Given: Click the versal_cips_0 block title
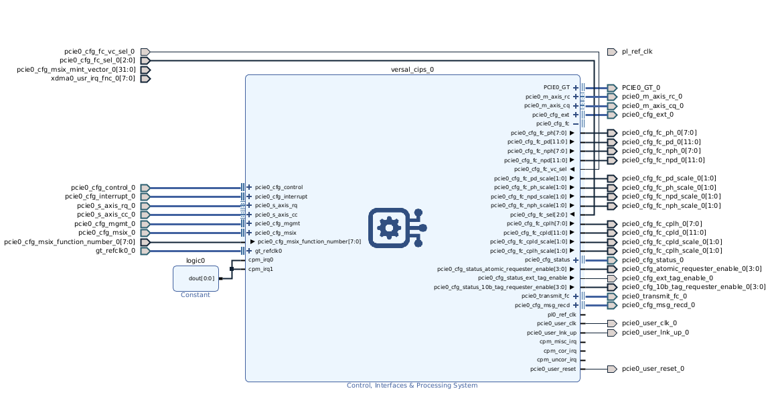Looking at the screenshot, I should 412,70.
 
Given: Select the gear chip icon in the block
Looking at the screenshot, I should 397,227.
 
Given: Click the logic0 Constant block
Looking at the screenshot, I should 196,278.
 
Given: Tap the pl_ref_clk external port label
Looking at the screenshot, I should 637,52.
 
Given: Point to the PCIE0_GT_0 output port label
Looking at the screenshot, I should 640,87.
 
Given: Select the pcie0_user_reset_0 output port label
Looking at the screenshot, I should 653,369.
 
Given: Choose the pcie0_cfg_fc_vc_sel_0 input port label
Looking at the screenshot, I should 99,52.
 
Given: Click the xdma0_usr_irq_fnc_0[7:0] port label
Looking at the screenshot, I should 92,78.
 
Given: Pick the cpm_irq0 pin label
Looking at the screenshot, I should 260,260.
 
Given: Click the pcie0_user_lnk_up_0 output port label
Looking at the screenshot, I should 655,332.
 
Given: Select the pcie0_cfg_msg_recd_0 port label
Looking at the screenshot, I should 658,305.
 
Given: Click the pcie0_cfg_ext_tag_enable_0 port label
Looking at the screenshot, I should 667,278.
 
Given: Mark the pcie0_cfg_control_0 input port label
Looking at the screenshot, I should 103,188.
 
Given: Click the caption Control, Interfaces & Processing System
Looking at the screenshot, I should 412,386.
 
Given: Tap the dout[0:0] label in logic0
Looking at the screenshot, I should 201,278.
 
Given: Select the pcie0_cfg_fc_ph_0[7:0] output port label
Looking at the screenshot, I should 659,133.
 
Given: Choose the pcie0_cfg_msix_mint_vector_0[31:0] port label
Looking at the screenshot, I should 76,70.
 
